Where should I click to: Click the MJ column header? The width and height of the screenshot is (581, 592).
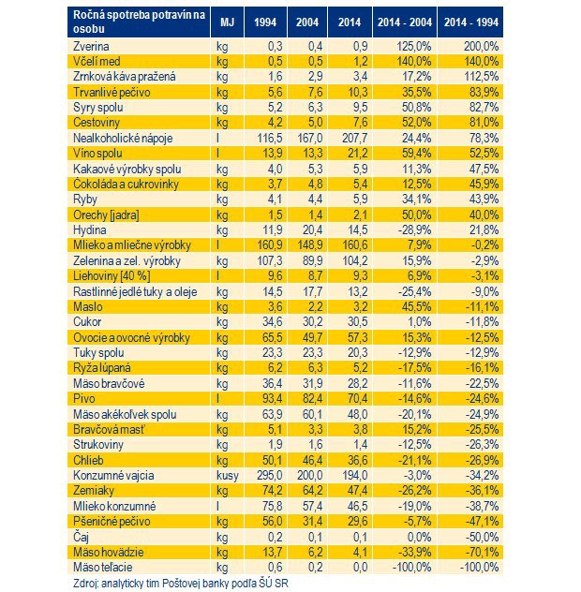227,22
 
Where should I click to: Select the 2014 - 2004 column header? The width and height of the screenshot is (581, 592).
405,22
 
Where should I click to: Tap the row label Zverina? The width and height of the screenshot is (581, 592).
91,47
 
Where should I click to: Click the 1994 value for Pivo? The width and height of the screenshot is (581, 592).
273,399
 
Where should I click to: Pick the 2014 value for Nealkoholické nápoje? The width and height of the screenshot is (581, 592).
355,139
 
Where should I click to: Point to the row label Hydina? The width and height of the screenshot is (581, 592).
90,230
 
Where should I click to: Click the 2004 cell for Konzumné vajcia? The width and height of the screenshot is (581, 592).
310,475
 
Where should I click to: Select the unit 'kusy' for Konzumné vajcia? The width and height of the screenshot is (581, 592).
228,475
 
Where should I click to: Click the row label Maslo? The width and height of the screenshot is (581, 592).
88,307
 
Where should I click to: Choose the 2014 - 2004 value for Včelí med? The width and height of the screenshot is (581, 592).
413,62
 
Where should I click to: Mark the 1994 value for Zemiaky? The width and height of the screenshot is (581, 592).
273,491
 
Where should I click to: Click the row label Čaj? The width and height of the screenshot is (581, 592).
82,537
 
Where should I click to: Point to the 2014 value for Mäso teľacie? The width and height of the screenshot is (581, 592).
357,568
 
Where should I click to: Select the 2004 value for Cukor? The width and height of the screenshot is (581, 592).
312,322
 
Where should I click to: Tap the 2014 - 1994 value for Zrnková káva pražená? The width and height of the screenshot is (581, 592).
482,77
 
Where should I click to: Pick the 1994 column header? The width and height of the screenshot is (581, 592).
265,22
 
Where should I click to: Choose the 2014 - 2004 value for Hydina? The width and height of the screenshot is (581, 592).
414,230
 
